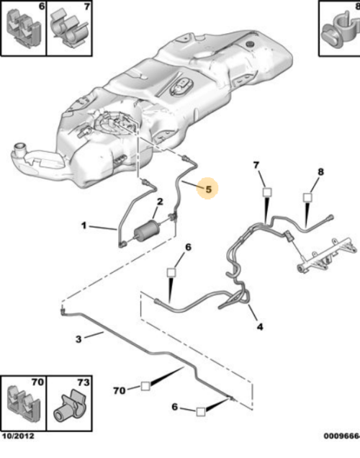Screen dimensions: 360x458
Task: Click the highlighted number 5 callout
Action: click(x=207, y=189)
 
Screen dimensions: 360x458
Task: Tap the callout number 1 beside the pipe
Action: click(x=84, y=225)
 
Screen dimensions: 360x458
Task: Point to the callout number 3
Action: click(x=78, y=339)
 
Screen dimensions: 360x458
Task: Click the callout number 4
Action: click(x=260, y=327)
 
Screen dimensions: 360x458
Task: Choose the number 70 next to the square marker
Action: click(x=119, y=390)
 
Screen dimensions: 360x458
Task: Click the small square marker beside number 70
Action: click(x=145, y=386)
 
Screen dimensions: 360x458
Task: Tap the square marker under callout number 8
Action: click(x=307, y=197)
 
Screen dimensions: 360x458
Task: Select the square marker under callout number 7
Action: click(x=267, y=192)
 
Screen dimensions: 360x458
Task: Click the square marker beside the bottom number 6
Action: click(x=201, y=412)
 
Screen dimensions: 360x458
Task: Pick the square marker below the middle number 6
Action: click(x=171, y=273)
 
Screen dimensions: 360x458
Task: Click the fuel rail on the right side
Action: click(x=327, y=255)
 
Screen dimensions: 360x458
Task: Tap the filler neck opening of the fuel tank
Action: click(x=20, y=146)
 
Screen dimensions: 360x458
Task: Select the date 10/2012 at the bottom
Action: click(x=18, y=436)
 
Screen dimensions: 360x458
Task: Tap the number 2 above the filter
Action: click(x=160, y=202)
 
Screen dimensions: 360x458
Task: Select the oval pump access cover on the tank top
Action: click(x=181, y=87)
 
